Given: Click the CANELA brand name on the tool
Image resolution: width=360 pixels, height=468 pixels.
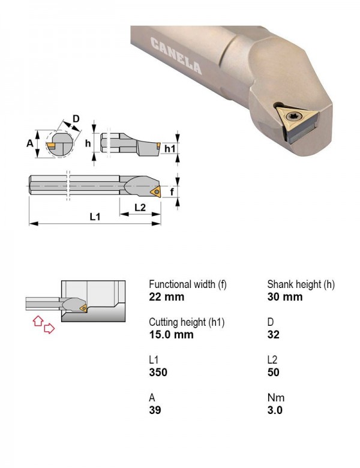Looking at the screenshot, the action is click(176, 56).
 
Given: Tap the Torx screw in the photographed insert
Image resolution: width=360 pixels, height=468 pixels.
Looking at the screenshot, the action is click(290, 116).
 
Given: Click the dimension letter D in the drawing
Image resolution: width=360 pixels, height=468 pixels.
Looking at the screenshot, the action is click(76, 119).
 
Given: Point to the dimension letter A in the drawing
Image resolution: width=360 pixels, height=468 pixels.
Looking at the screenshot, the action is click(30, 143).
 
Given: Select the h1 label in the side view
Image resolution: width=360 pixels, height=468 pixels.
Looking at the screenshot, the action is click(170, 148).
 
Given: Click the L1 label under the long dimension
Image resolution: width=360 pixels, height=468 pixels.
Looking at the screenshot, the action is click(95, 217).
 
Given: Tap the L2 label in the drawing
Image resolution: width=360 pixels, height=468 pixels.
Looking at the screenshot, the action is click(140, 207).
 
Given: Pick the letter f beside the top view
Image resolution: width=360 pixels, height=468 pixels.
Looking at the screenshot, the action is click(172, 191).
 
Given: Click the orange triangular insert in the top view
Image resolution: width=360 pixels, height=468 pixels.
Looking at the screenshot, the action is click(157, 191).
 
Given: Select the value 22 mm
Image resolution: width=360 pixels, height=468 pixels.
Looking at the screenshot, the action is click(167, 297).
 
